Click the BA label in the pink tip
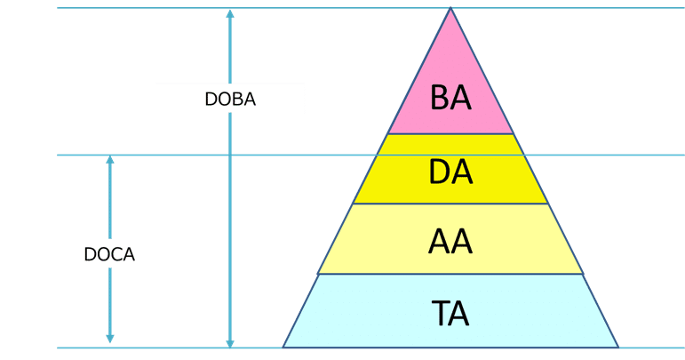tap(450, 98)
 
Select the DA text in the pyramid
tap(450, 172)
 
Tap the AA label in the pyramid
tap(450, 241)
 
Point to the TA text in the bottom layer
tap(450, 313)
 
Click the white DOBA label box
tap(230, 99)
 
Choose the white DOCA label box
tap(109, 253)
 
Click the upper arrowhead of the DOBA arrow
tap(230, 14)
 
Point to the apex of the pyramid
tap(450, 10)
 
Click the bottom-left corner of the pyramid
tap(285, 346)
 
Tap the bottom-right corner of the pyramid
tap(617, 346)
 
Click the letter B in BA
tap(440, 98)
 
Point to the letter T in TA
tap(440, 313)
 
